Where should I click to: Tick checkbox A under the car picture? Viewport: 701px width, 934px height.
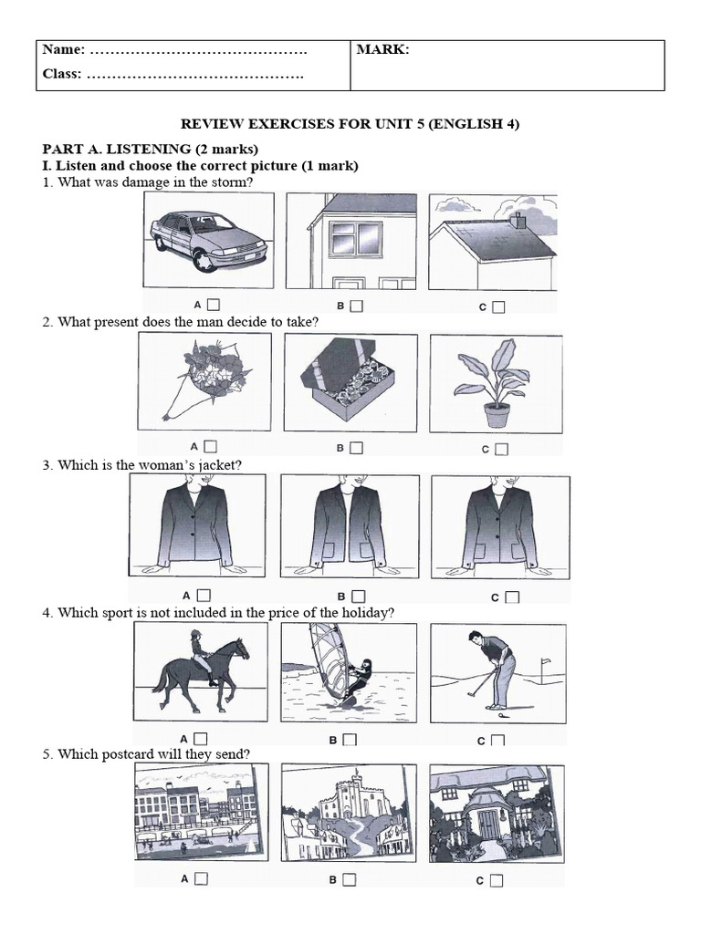(214, 305)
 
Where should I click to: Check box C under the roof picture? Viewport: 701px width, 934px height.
(498, 306)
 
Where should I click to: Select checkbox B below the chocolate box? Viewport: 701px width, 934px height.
(356, 447)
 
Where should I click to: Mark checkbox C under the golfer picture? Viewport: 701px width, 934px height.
(498, 741)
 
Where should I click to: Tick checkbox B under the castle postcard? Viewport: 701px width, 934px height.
(350, 879)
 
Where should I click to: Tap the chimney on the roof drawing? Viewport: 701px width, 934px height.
(520, 221)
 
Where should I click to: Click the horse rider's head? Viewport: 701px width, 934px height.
(195, 636)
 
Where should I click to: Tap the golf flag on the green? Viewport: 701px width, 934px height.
(544, 662)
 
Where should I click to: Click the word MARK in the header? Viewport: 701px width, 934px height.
(382, 50)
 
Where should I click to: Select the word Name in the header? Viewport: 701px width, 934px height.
(63, 49)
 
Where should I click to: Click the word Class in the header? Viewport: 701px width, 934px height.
(61, 74)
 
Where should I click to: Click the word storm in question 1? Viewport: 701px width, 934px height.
(232, 182)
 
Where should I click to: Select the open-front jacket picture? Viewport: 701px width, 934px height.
(350, 526)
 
